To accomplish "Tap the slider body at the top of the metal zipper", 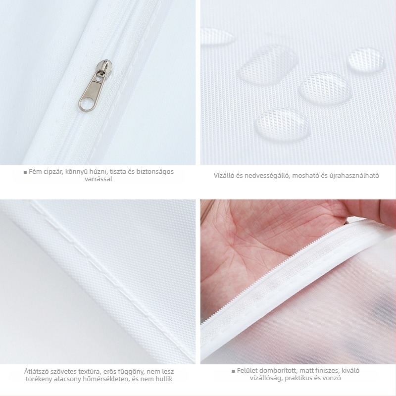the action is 105,66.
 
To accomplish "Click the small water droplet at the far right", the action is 365,61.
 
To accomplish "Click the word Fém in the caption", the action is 34,172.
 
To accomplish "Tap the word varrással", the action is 99,179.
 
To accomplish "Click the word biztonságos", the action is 155,172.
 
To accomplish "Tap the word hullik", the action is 164,379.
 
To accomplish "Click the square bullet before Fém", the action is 25,172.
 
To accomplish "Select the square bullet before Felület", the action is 233,371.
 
